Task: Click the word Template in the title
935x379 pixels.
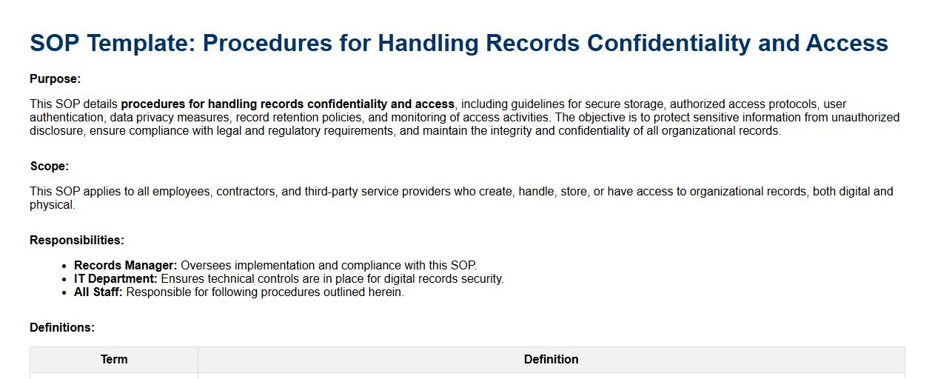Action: click(142, 44)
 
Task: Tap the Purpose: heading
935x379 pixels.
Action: click(55, 79)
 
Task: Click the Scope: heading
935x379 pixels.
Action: click(50, 166)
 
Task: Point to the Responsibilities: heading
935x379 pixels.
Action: click(77, 241)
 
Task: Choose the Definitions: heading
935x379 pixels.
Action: click(62, 328)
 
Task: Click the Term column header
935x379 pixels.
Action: click(114, 359)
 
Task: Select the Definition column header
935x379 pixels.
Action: click(551, 359)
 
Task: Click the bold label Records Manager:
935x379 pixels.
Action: click(126, 266)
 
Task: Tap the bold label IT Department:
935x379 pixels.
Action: click(115, 279)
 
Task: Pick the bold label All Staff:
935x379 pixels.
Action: click(98, 292)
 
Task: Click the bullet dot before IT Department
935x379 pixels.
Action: click(64, 279)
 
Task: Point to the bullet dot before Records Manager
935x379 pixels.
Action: click(64, 266)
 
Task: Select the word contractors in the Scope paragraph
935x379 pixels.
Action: click(246, 192)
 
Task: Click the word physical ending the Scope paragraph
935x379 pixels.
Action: click(52, 205)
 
